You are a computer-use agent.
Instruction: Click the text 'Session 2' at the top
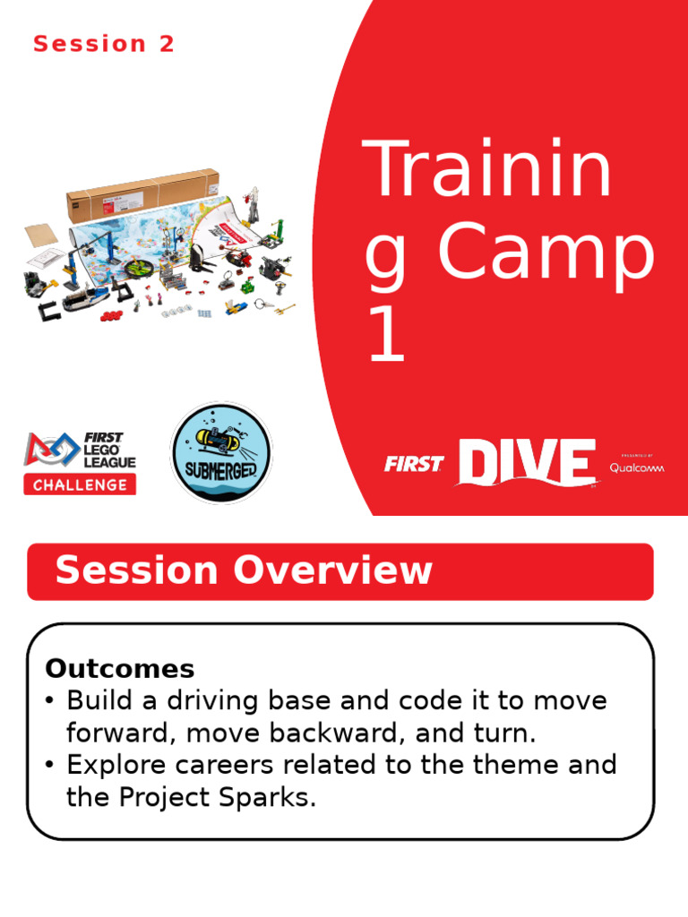coord(104,44)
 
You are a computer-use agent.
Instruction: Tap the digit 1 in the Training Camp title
coord(386,339)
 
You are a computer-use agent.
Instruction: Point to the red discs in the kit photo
coord(113,314)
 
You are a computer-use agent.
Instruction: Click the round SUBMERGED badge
coord(221,452)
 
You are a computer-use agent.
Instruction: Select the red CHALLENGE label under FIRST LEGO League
coord(81,485)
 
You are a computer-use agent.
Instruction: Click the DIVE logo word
coord(526,463)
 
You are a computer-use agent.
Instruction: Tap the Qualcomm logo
coord(638,467)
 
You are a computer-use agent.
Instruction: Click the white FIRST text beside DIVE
coord(414,464)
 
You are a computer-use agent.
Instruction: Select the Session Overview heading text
coord(244,570)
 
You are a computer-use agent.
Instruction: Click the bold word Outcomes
coord(120,668)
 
